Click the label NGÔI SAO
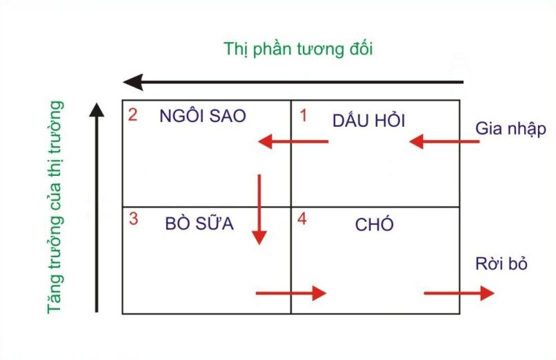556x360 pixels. pos(203,116)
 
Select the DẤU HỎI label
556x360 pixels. pos(368,121)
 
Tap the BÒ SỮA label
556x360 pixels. pos(199,223)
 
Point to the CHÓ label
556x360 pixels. pos(374,223)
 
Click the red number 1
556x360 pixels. pos(303,116)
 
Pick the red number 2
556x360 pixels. pos(132,114)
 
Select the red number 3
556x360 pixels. pos(133,219)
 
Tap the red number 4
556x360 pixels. pos(302,219)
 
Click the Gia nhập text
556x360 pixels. pos(510,129)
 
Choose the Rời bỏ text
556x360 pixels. pos(502,264)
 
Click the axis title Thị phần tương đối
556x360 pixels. pos(298,49)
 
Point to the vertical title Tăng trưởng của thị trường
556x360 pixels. pos(55,208)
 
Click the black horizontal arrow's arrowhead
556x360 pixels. pos(133,82)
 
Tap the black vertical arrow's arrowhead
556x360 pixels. pos(97,110)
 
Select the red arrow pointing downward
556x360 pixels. pos(259,210)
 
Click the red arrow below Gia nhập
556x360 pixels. pos(444,141)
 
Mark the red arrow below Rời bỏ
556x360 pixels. pos(459,293)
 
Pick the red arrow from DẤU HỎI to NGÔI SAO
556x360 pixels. pos(293,141)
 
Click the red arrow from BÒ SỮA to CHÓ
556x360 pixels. pos(291,293)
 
